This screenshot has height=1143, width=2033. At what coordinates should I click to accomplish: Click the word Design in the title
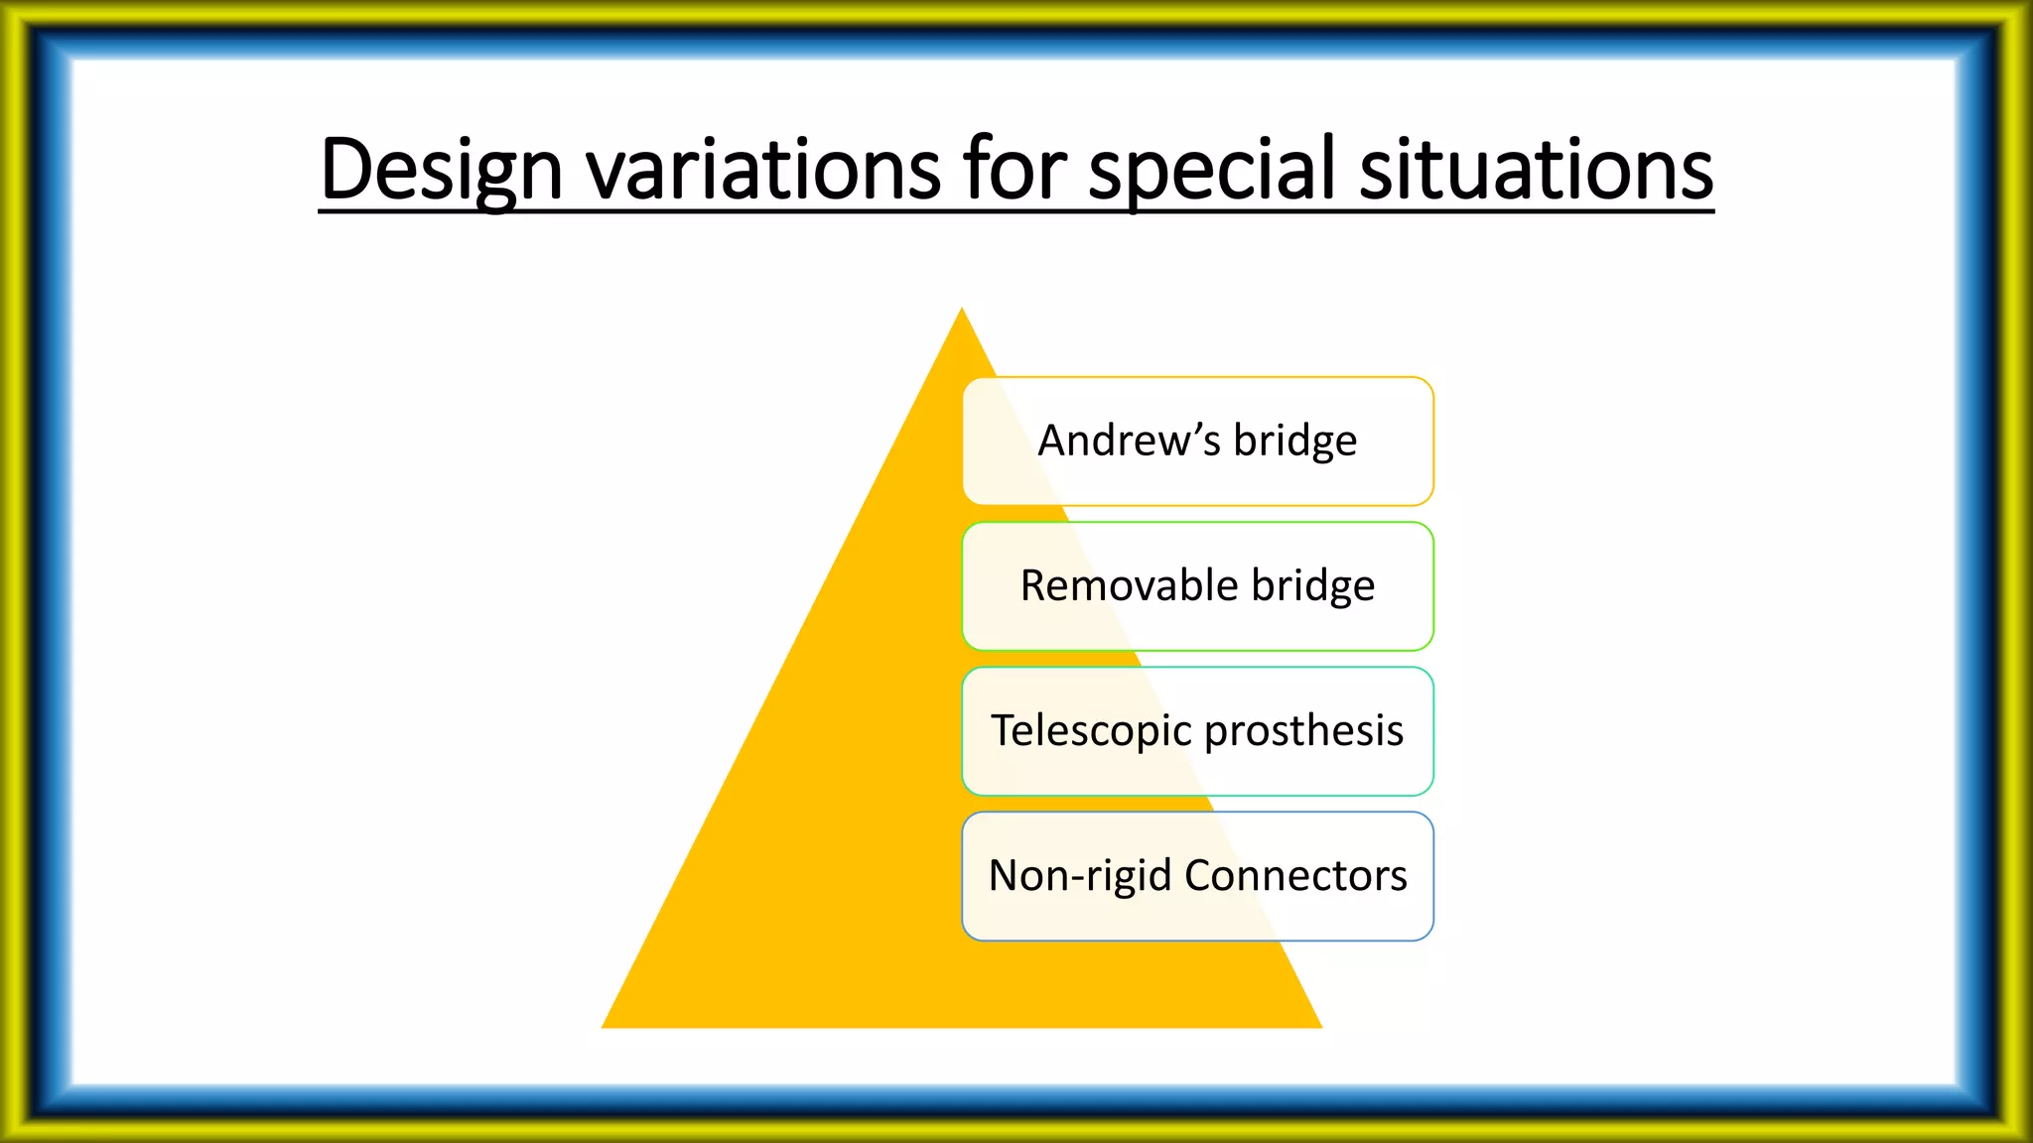(442, 169)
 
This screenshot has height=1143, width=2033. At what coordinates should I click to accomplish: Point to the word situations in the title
(1536, 169)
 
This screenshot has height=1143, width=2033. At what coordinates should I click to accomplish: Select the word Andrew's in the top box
(1129, 441)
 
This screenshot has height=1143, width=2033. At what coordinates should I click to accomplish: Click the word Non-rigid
(1080, 876)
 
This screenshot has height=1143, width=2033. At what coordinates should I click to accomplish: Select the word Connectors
(1295, 875)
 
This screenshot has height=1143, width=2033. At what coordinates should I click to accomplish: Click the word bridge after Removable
(1313, 585)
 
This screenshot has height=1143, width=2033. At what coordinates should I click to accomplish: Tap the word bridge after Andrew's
(1294, 441)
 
